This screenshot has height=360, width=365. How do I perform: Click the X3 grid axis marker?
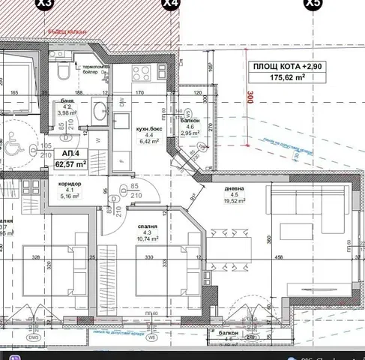pyautogui.click(x=44, y=4)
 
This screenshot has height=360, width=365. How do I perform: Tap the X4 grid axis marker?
pyautogui.click(x=172, y=4)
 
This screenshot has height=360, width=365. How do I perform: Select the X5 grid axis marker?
pyautogui.click(x=310, y=4)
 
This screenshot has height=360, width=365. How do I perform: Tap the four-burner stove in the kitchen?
pyautogui.click(x=142, y=73)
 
